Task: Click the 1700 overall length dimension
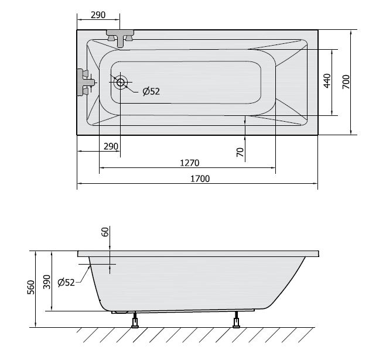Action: click(x=200, y=179)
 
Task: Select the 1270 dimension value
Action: click(x=190, y=163)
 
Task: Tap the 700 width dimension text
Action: click(x=346, y=82)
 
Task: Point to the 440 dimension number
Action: click(x=327, y=81)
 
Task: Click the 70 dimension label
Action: click(x=240, y=152)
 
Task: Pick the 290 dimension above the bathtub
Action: click(x=98, y=15)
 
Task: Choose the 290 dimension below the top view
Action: click(x=111, y=146)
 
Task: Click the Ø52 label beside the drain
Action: click(x=151, y=91)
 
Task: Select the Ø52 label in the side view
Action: click(x=66, y=282)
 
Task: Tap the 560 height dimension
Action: click(x=31, y=287)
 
